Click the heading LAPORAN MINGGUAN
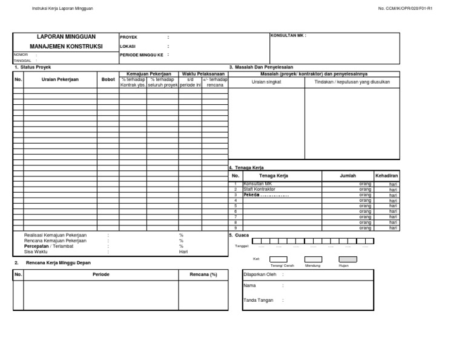pos(66,37)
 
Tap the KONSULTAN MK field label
pos(288,36)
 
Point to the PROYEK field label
pos(129,37)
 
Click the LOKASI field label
pos(128,46)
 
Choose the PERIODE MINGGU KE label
pos(142,55)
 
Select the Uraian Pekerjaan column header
pos(60,79)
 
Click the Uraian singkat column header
pos(266,81)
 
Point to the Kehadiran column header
pos(386,175)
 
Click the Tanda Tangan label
pos(258,300)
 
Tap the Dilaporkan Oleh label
pos(259,274)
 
